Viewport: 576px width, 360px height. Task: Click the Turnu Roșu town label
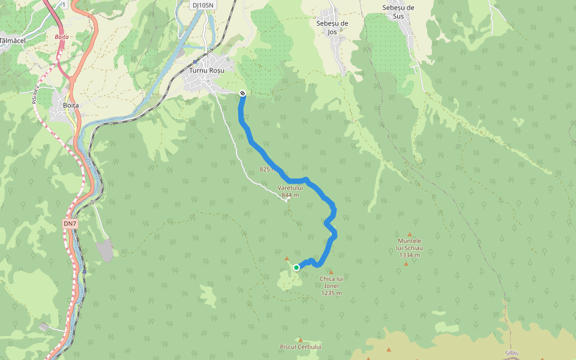tap(206, 70)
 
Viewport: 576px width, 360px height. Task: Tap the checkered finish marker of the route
tap(242, 93)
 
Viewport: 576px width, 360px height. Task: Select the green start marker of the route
tap(296, 268)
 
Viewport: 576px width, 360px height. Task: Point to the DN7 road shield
tap(70, 224)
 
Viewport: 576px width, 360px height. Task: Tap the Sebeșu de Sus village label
tap(398, 11)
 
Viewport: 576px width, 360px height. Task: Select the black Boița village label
tap(71, 105)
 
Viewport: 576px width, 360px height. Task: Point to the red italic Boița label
tap(62, 37)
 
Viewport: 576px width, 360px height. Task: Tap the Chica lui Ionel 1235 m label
tap(331, 286)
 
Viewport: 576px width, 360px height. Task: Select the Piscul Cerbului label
tap(301, 347)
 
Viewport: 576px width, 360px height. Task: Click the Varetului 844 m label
tap(290, 191)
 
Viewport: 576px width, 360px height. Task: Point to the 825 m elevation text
tap(268, 169)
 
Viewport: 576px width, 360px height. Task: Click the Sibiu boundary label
tap(512, 353)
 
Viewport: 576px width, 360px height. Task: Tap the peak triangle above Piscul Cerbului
tap(301, 340)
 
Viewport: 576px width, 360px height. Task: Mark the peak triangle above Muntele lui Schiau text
tap(410, 235)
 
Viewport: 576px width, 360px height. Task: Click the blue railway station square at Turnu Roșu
tap(196, 61)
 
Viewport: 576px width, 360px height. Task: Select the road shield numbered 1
tap(64, 5)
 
